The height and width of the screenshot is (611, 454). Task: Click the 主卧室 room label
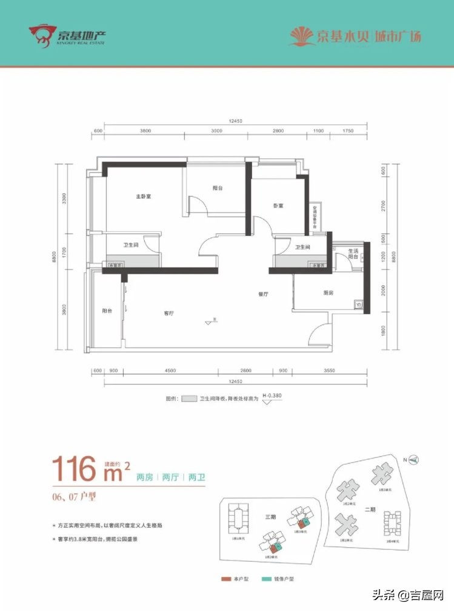point(143,197)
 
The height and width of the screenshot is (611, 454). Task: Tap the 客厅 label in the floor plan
point(169,314)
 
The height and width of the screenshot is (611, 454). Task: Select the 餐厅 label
point(262,294)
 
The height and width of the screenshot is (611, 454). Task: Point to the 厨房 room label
point(329,293)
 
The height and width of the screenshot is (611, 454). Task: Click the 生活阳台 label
point(352,254)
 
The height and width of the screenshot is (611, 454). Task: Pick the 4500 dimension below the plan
point(170,371)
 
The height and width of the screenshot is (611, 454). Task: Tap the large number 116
point(75,468)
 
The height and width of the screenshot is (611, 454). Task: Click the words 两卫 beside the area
point(197,477)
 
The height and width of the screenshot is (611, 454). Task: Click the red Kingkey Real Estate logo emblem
point(43,36)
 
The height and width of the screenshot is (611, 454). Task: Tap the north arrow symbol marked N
point(415,460)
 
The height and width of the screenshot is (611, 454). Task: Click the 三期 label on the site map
point(270,517)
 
